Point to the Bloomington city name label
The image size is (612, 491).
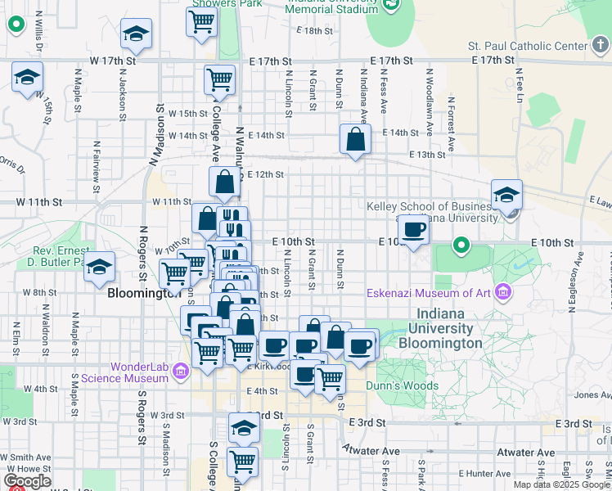click(x=143, y=291)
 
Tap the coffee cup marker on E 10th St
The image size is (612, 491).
click(x=415, y=230)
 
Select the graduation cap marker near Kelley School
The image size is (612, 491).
click(x=506, y=194)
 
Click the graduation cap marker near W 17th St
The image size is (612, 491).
click(x=136, y=34)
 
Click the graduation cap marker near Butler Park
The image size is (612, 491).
click(x=99, y=267)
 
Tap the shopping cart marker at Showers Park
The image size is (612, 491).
click(x=201, y=22)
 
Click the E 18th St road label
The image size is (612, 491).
click(x=317, y=30)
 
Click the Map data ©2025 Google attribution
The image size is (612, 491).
click(x=561, y=484)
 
